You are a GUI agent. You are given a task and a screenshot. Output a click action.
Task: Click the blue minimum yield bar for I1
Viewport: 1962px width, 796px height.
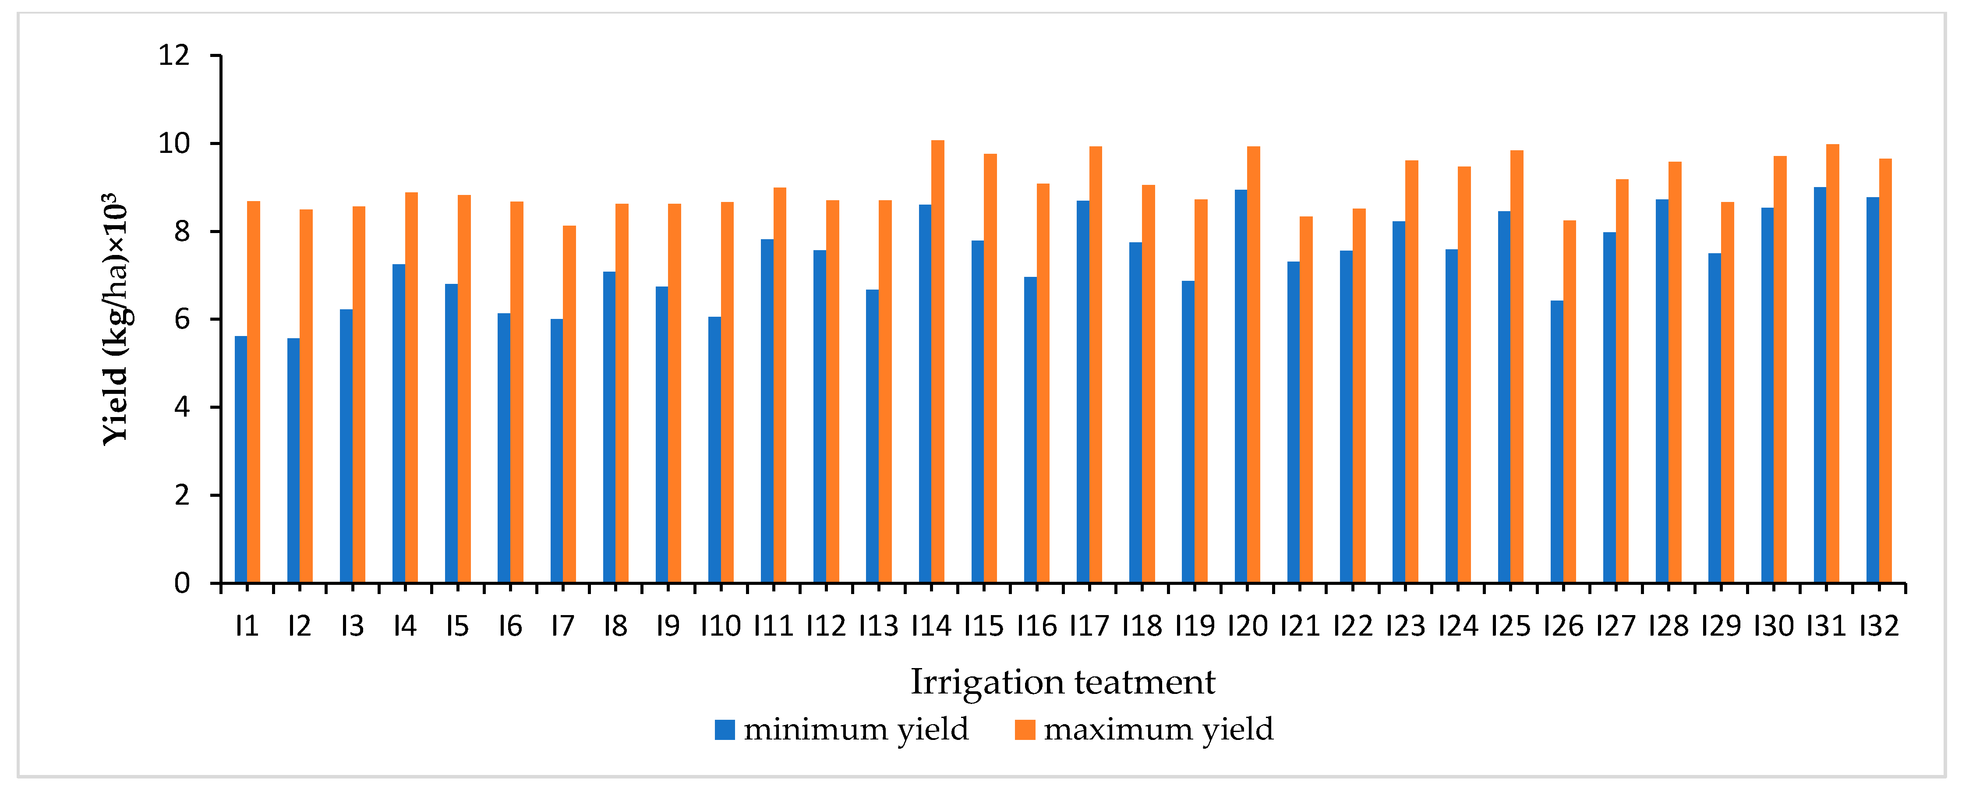coord(240,459)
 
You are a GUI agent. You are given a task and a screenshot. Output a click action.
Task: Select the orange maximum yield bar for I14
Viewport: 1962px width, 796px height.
coord(937,362)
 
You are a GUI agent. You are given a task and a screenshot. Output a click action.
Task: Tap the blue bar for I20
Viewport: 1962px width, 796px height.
coord(1241,386)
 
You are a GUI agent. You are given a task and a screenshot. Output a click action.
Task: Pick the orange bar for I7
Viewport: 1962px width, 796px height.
coord(569,404)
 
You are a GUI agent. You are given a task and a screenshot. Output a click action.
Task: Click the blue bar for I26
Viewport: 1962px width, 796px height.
coord(1557,442)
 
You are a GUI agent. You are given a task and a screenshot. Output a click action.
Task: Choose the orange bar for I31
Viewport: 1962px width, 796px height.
coord(1832,363)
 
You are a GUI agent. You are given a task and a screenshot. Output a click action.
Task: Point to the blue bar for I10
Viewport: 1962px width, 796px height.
coord(714,449)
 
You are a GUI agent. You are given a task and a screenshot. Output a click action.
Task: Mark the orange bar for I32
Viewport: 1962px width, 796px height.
coord(1885,371)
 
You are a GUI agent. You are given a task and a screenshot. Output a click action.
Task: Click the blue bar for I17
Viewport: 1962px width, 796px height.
coord(1083,392)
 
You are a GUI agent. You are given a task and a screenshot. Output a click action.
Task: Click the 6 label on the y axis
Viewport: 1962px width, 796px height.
coord(181,319)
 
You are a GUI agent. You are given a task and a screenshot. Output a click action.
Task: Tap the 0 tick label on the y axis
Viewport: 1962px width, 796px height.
coord(181,584)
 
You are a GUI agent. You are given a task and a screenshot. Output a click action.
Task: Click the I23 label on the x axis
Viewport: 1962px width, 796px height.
coord(1405,626)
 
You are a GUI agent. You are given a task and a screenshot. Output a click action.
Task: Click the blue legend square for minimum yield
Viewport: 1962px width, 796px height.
coord(725,730)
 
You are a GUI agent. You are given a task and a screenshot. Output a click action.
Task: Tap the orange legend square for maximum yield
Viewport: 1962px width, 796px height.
coord(1025,730)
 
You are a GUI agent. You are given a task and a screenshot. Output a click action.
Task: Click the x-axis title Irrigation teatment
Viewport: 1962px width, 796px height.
coord(1063,682)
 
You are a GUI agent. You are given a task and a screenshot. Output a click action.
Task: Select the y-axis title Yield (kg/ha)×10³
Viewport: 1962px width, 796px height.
coord(116,318)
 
